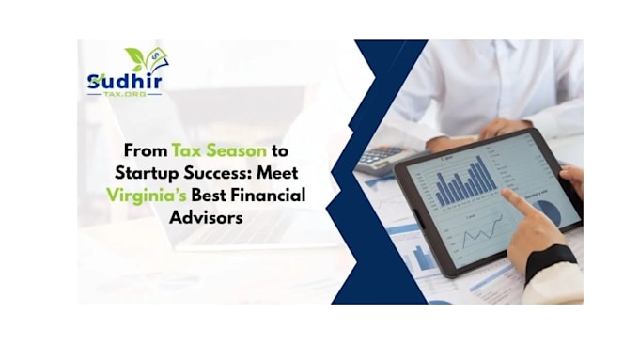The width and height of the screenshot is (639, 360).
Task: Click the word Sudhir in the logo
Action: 125,81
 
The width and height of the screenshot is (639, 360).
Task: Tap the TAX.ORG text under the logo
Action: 125,94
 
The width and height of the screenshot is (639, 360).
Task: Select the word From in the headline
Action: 146,150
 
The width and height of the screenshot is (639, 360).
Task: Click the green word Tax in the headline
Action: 186,150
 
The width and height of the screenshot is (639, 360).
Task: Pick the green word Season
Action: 237,150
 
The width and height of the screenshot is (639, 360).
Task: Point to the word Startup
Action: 147,173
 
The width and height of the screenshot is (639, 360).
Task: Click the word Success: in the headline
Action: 217,173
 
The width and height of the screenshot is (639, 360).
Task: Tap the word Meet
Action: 277,173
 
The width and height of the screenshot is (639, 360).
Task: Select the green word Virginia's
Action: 147,196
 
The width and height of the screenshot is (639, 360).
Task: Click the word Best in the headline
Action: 209,196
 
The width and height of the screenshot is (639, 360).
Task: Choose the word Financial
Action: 268,196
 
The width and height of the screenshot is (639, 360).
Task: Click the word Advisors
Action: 206,217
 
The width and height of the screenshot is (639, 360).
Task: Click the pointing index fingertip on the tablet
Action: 506,193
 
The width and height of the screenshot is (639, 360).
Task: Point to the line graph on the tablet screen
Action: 482,231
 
